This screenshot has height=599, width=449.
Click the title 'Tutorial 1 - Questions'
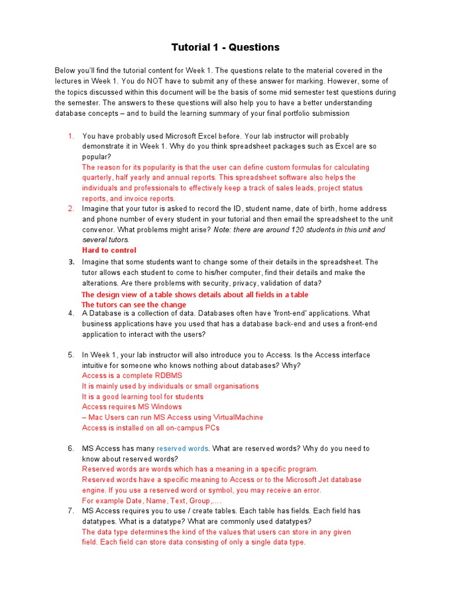coord(225,47)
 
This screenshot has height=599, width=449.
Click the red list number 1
coord(71,136)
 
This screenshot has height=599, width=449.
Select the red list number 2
coord(71,208)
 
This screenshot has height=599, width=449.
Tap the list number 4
coord(71,313)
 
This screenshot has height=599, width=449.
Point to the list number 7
coord(71,511)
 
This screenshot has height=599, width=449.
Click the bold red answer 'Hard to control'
coord(109,250)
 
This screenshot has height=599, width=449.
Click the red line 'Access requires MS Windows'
coord(132,407)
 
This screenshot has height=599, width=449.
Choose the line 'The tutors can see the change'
coord(134,305)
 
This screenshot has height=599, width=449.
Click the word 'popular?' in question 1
coord(96,157)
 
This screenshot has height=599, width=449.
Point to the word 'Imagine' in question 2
coord(96,208)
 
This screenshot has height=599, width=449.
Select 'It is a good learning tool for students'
coord(143,397)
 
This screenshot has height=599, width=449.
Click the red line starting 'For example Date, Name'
coord(152,501)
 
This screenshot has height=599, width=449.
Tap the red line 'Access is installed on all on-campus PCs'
coord(151,428)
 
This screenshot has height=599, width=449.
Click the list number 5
coord(71,355)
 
